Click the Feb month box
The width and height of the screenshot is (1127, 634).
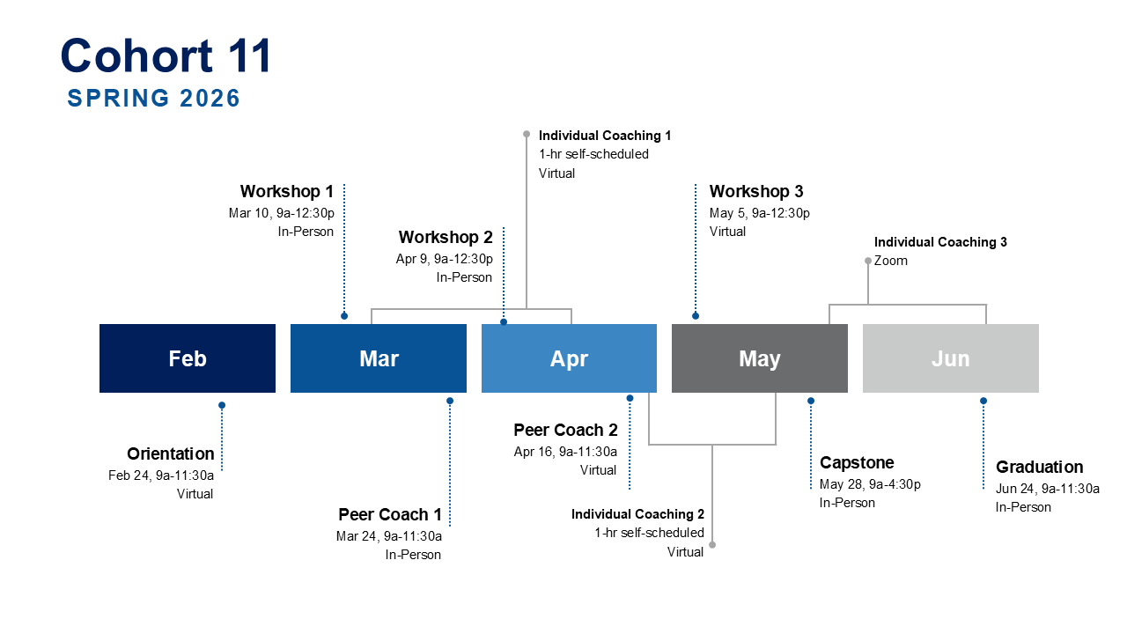click(x=188, y=358)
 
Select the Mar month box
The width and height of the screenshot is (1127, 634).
click(x=379, y=358)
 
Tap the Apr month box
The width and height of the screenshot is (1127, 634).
click(x=569, y=358)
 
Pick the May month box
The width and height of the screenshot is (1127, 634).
click(x=759, y=358)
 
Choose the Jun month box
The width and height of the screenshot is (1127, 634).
click(x=950, y=358)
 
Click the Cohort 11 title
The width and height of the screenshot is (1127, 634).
click(x=166, y=55)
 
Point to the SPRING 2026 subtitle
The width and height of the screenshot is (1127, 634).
click(x=154, y=98)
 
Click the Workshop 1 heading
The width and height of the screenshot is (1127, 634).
click(x=287, y=191)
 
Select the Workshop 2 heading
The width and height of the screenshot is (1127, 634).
click(x=446, y=237)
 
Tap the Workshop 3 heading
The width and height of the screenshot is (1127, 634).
click(x=756, y=191)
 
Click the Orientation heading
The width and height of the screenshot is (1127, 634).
click(x=171, y=453)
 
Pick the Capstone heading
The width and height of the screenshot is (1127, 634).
click(x=857, y=462)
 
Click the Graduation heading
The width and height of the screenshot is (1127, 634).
click(x=1039, y=467)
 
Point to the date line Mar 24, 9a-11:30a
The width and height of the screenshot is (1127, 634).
click(x=388, y=535)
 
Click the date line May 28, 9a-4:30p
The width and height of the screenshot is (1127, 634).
click(x=870, y=484)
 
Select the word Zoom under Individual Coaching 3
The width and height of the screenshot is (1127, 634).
click(x=891, y=261)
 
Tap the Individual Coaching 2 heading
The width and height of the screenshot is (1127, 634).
click(x=637, y=514)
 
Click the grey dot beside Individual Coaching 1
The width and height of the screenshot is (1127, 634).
click(x=527, y=135)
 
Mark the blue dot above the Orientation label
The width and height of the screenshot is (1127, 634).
click(x=222, y=406)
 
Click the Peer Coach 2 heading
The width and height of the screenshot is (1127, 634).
click(x=565, y=430)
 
